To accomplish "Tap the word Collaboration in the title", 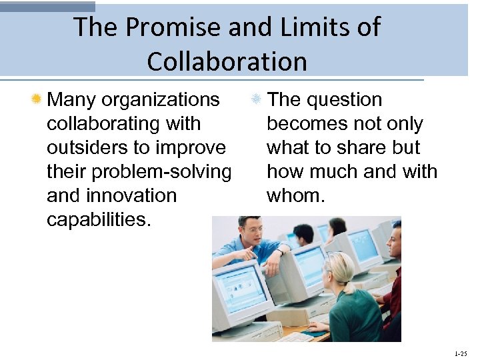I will (x=227, y=61).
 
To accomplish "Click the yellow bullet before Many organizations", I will (x=37, y=100).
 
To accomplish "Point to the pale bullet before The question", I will (x=255, y=100).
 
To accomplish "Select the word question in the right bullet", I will (x=344, y=100).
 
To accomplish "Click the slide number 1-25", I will (x=460, y=353).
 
